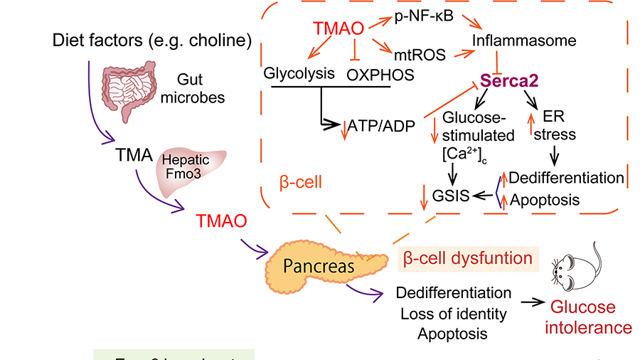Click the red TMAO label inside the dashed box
point(339,28)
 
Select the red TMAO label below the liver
point(215,221)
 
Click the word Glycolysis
point(299,73)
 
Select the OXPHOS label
point(380,75)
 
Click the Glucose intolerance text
point(588,317)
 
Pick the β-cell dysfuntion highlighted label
point(468,258)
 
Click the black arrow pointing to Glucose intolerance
point(533,302)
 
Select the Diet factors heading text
point(152,41)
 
